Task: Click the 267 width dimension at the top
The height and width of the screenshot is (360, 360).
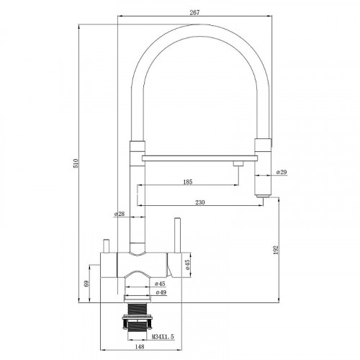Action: pyautogui.click(x=194, y=12)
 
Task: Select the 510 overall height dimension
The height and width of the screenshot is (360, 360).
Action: pyautogui.click(x=76, y=163)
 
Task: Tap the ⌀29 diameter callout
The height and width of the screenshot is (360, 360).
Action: pyautogui.click(x=282, y=172)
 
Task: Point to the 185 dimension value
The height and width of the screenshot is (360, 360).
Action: pyautogui.click(x=188, y=181)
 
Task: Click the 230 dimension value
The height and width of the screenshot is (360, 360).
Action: pyautogui.click(x=200, y=202)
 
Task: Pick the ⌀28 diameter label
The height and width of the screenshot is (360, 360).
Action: pyautogui.click(x=120, y=214)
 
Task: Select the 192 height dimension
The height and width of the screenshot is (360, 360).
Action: pyautogui.click(x=276, y=250)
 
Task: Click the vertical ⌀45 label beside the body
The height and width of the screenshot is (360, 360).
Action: pyautogui.click(x=187, y=264)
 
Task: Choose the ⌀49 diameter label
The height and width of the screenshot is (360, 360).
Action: pyautogui.click(x=161, y=292)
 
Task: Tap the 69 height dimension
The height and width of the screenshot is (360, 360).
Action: pyautogui.click(x=86, y=284)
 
